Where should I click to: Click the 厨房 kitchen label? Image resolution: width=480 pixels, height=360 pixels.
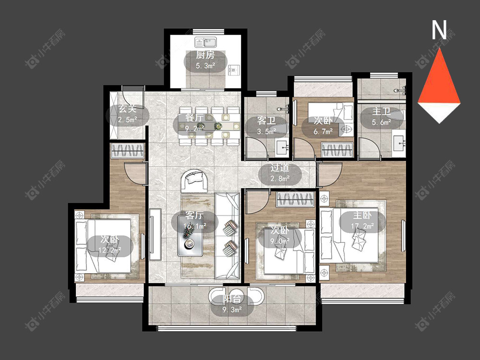pos(205,55)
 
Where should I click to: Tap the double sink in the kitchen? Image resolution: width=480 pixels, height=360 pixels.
pos(206,41)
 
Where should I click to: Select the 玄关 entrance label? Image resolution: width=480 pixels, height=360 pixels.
pos(127,108)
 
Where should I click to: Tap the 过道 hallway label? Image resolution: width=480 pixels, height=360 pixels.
pos(280,168)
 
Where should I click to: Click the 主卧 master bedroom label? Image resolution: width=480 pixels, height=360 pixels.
pos(362,215)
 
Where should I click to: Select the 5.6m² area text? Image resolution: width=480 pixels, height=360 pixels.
pos(382,122)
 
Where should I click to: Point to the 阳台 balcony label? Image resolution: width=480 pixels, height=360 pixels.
pos(232,299)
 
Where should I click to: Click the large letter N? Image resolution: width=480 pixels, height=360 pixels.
pos(439,30)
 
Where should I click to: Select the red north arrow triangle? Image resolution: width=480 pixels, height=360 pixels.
pos(439,80)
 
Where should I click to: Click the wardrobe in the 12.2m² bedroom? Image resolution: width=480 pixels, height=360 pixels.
pos(127,150)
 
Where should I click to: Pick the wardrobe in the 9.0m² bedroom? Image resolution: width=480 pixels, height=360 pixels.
pos(295,200)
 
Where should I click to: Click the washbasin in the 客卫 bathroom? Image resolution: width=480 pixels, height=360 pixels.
pos(282,147)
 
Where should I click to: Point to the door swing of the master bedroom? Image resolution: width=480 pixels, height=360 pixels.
pos(330,175)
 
